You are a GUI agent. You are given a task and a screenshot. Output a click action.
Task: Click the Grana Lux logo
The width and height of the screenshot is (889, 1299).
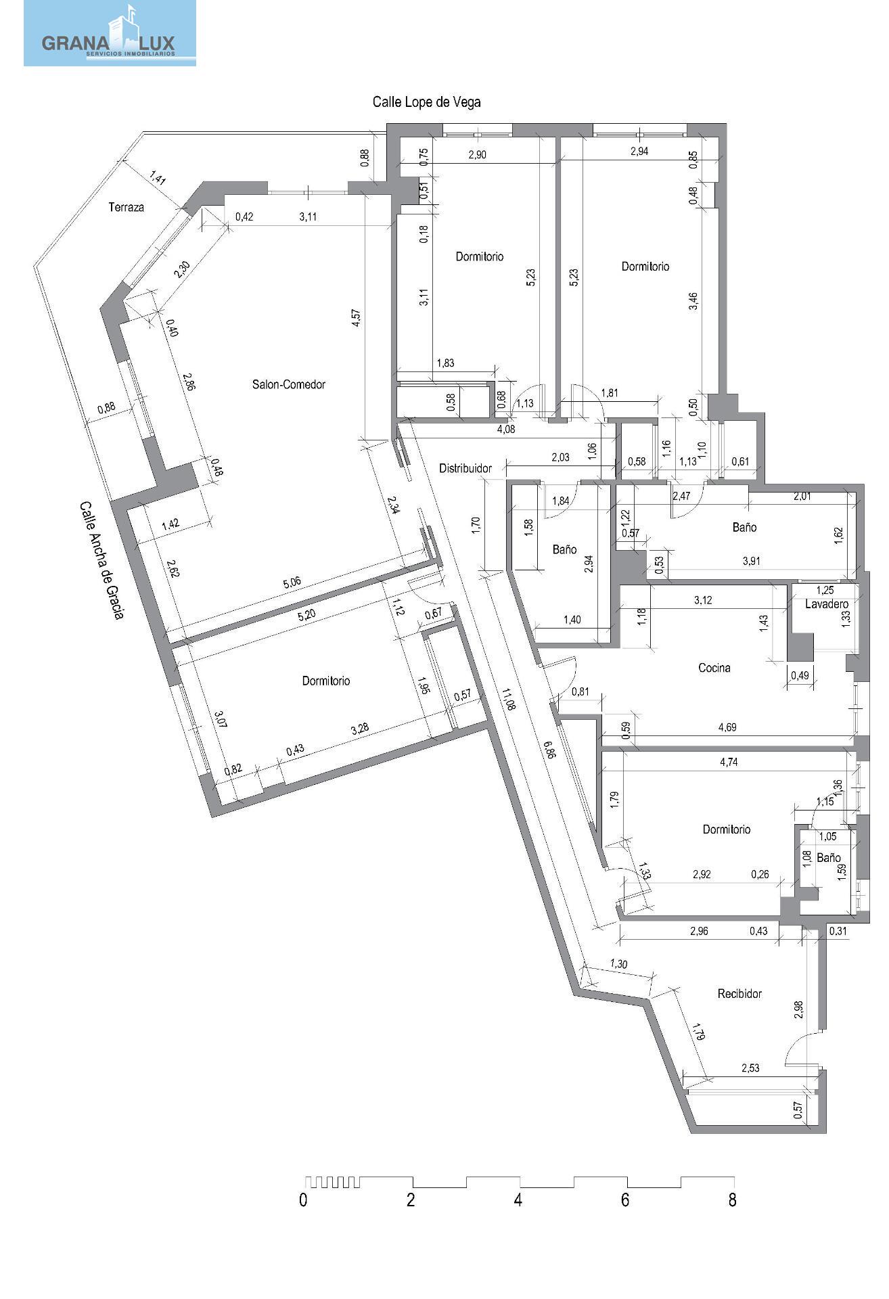click(110, 33)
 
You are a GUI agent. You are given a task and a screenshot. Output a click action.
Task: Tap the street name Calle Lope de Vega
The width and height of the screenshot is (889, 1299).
click(427, 102)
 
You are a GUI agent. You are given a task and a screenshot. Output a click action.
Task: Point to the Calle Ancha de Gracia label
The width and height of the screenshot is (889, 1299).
click(101, 560)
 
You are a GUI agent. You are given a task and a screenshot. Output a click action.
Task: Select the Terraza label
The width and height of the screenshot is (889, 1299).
click(127, 208)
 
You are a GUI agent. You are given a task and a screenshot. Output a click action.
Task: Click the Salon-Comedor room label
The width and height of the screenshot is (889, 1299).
click(289, 384)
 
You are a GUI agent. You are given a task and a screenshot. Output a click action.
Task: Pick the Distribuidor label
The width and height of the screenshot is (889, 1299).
click(465, 468)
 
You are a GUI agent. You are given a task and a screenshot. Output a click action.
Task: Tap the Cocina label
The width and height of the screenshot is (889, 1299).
click(714, 668)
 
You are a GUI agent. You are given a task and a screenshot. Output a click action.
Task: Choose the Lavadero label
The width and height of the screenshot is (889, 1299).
click(827, 604)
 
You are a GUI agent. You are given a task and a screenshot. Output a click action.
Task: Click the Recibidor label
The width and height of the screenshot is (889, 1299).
click(739, 994)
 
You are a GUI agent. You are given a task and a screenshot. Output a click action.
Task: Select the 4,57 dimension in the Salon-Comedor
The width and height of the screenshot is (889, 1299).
click(357, 319)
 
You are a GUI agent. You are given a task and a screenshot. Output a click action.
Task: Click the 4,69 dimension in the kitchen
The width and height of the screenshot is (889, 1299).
click(728, 727)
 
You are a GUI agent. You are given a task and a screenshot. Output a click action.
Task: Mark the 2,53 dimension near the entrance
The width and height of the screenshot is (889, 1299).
click(750, 1068)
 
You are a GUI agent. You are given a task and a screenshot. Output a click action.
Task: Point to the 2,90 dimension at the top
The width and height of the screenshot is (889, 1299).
click(477, 155)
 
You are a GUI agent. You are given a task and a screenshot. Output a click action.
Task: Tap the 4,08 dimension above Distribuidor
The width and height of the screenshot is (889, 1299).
click(506, 428)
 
